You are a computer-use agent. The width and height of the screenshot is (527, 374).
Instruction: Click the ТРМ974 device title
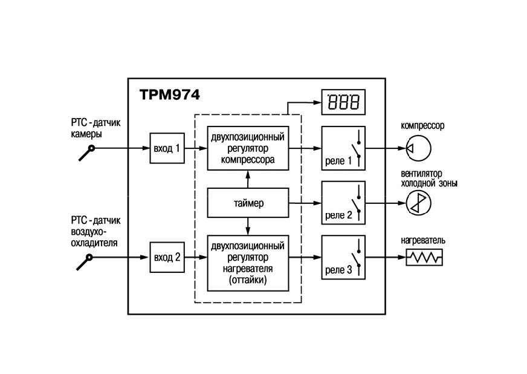170,95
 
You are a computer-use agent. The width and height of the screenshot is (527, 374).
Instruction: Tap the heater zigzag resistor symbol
424,258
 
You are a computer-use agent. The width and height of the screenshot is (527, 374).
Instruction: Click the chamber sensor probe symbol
86,153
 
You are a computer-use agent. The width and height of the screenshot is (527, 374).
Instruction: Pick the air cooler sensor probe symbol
85,262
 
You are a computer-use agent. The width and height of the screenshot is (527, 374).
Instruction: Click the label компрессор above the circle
422,125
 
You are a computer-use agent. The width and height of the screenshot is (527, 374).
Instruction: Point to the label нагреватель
423,240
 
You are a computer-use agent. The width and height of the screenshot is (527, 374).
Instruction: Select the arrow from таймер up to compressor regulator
248,179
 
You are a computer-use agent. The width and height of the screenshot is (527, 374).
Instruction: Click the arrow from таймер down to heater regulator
248,226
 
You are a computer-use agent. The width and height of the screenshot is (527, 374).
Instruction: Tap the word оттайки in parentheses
248,280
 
